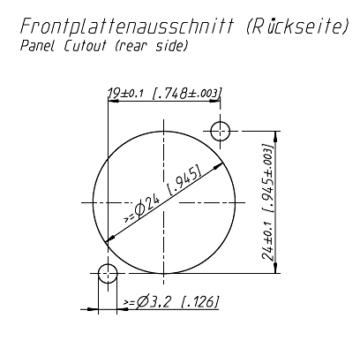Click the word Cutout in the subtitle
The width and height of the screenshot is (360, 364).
pos(85,47)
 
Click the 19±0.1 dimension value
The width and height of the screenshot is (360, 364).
pos(129,92)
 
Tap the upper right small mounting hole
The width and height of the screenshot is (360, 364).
pos(221,133)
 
